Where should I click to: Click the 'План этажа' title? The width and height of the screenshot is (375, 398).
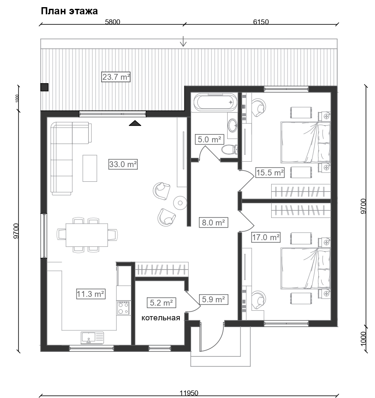pos(69,11)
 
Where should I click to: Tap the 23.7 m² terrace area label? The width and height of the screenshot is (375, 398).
pos(116,77)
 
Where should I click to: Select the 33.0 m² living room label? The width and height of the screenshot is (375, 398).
pos(123,164)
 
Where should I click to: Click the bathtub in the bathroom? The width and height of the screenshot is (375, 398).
pos(215,102)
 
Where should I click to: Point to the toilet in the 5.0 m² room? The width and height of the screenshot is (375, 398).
pos(230,149)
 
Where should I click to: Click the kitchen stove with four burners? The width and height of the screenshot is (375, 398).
pos(123,308)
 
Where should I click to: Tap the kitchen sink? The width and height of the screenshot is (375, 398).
pos(92,338)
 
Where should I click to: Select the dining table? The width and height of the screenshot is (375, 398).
pos(87,235)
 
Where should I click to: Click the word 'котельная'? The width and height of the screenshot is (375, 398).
pos(161,318)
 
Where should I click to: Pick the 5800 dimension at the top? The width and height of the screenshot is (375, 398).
pos(113,22)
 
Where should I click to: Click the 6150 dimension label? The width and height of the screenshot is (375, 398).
pos(261,22)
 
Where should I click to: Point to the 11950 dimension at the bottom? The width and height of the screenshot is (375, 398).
pos(189,393)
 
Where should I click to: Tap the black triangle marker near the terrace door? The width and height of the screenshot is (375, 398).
pos(135,123)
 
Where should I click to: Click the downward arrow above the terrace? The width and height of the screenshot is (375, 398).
pos(183,42)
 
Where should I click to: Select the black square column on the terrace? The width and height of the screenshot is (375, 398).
pos(45,87)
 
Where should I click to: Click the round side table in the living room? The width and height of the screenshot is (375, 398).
pos(180,203)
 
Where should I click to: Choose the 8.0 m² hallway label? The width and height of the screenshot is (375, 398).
pos(213,223)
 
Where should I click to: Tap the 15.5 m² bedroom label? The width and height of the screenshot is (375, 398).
pos(270,173)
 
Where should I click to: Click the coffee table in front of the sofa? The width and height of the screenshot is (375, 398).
pos(90,168)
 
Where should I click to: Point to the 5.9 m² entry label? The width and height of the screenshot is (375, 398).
pos(213,299)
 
